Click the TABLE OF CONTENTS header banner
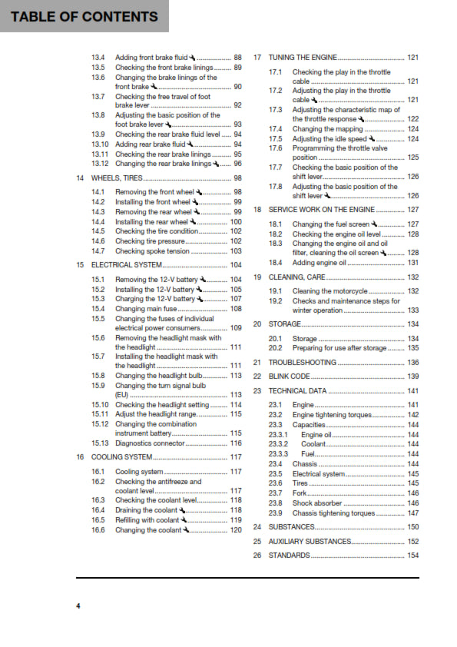point(84,16)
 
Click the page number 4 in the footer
point(78,606)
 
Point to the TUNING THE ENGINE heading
point(303,58)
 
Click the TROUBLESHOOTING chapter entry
point(302,363)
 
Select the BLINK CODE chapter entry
point(290,377)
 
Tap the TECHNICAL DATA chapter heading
point(297,391)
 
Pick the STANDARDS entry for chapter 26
point(289,555)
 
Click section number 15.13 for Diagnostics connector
point(99,443)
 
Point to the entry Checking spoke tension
point(152,251)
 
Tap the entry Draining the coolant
point(147,510)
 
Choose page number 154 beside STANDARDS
point(412,555)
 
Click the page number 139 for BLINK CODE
point(412,377)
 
